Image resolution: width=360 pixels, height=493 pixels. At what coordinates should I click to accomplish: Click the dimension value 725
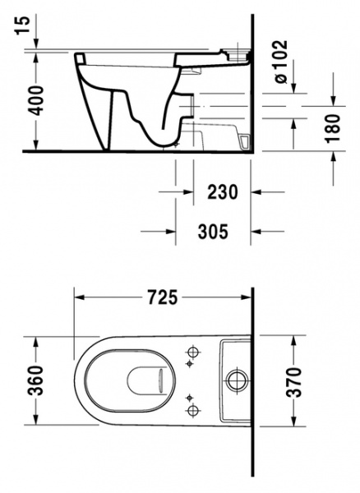[x=163, y=298]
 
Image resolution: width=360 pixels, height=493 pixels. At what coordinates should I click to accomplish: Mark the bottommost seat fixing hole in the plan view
[x=193, y=409]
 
